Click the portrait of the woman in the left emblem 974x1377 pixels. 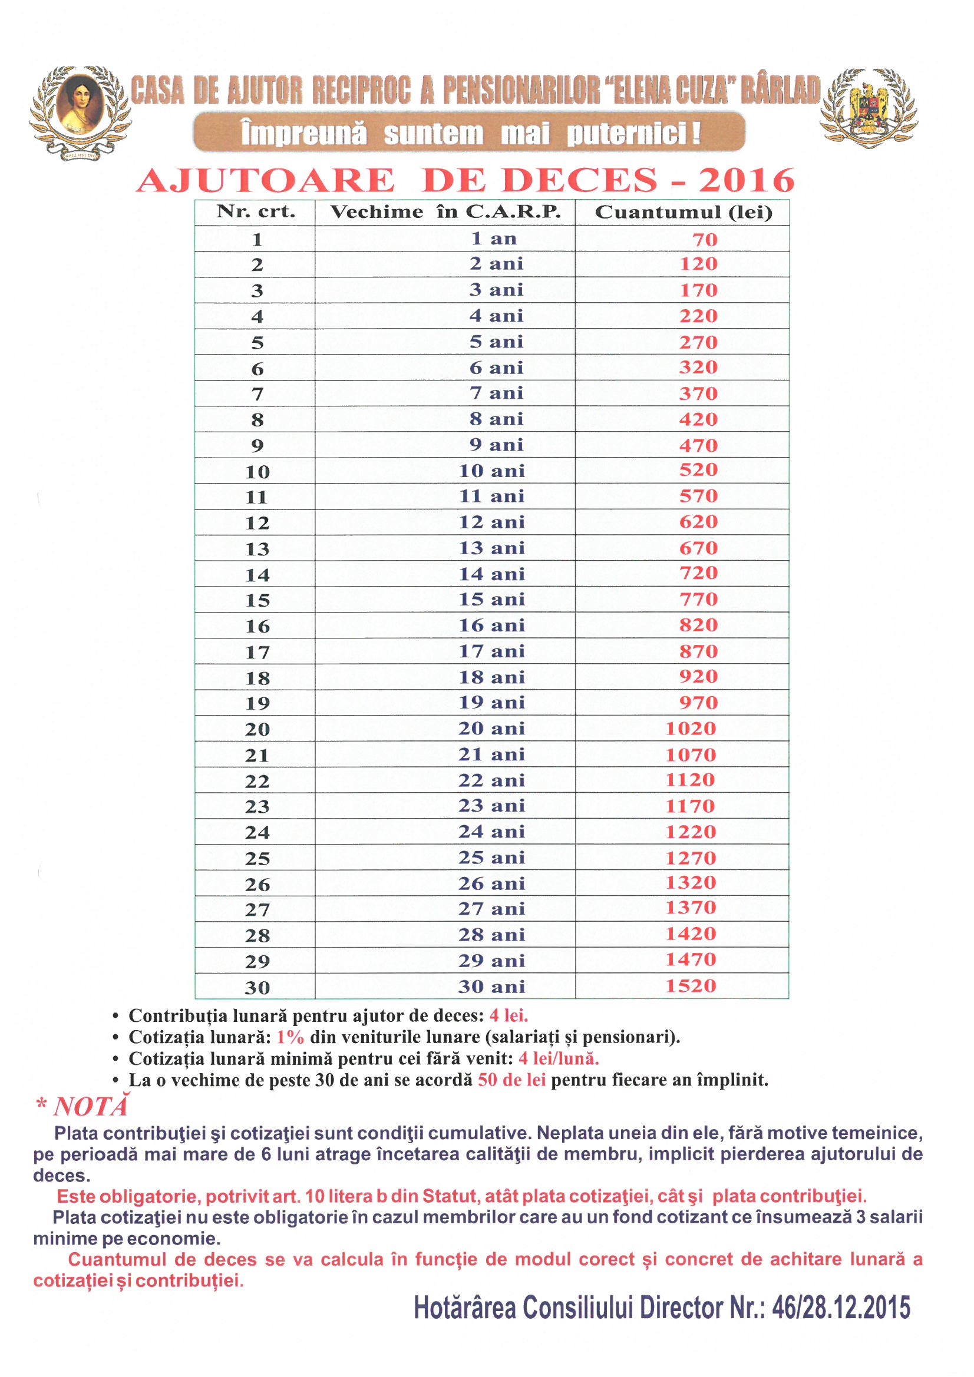80,103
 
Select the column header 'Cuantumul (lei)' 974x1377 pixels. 683,212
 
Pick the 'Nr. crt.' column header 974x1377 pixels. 256,212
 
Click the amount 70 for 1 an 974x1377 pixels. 705,240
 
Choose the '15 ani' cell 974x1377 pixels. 491,599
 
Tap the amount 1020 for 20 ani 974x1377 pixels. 691,729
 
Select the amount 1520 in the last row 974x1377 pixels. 691,986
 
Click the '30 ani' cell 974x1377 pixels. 491,987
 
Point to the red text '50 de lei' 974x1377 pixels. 511,1080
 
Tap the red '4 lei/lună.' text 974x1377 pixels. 565,1058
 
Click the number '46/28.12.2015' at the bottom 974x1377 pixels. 841,1308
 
